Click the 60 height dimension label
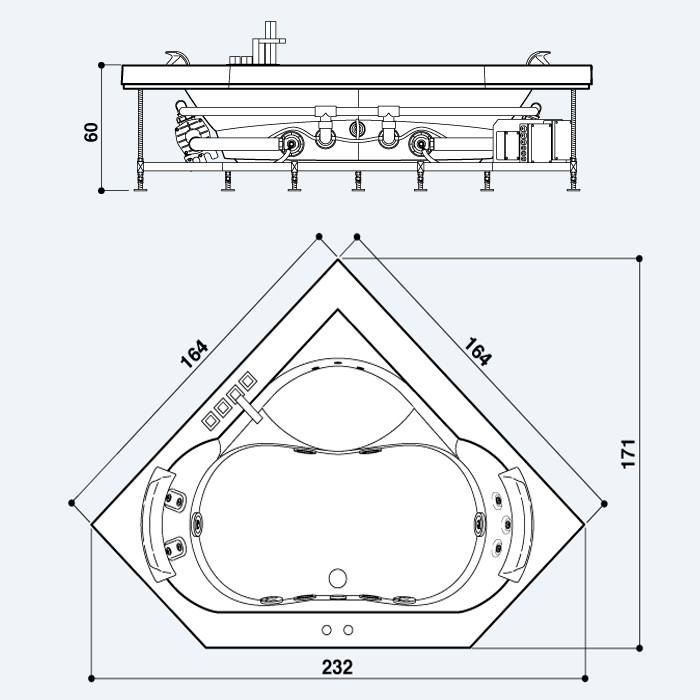pyautogui.click(x=91, y=132)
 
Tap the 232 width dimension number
pyautogui.click(x=338, y=667)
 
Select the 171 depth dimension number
pyautogui.click(x=628, y=454)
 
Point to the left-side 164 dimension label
pyautogui.click(x=194, y=354)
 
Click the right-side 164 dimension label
pyautogui.click(x=478, y=352)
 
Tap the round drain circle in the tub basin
pyautogui.click(x=338, y=578)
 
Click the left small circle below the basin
pyautogui.click(x=326, y=630)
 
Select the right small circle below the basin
pyautogui.click(x=348, y=630)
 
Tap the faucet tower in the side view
pyautogui.click(x=269, y=43)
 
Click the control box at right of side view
pyautogui.click(x=533, y=140)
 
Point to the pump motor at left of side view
pyautogui.click(x=193, y=136)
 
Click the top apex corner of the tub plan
pyautogui.click(x=338, y=260)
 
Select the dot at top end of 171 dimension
pyautogui.click(x=639, y=258)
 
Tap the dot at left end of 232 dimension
pyautogui.click(x=92, y=679)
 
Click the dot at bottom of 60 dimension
pyautogui.click(x=101, y=191)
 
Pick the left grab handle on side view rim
pyautogui.click(x=177, y=58)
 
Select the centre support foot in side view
pyautogui.click(x=358, y=181)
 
